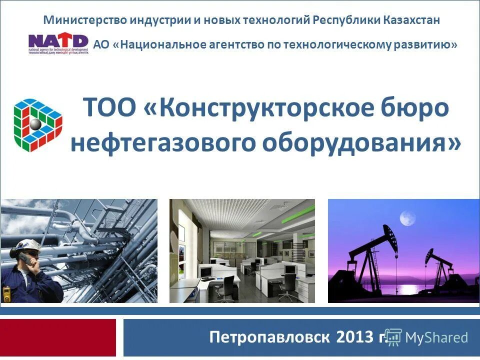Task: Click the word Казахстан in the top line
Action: [412, 20]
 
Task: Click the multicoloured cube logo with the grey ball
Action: [37, 125]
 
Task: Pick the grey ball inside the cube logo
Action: [35, 124]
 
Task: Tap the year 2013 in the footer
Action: [355, 336]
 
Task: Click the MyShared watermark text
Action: [436, 337]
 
